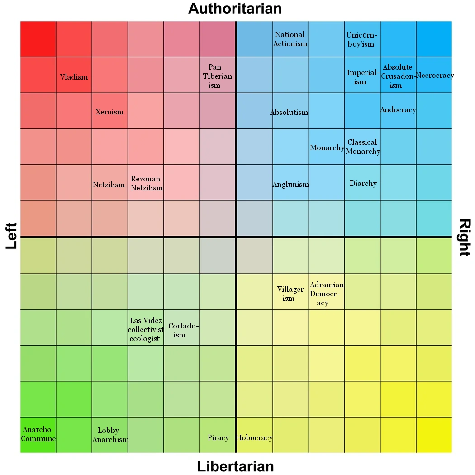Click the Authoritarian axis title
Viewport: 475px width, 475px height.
(235, 8)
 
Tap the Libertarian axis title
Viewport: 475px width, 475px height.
(235, 466)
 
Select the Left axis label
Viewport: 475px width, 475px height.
(11, 236)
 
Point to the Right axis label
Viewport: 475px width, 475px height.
(465, 237)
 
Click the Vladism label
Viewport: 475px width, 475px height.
(74, 77)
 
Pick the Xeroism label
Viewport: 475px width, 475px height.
(109, 112)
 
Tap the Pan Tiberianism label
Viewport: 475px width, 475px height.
(217, 76)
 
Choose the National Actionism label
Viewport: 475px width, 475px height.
(290, 39)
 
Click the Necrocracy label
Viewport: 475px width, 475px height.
(434, 76)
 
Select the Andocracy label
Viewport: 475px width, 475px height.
(398, 110)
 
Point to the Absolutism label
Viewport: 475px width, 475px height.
(289, 112)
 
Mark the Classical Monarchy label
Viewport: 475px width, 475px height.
(363, 147)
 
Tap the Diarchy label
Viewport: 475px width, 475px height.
(363, 183)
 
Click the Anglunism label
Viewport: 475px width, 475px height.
(290, 184)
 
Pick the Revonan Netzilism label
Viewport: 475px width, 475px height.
(146, 183)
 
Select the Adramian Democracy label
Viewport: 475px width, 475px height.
(327, 294)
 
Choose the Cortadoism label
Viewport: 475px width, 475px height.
(183, 330)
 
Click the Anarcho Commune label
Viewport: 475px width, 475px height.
(38, 434)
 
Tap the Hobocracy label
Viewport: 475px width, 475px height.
(254, 437)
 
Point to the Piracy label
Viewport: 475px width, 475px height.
(218, 437)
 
